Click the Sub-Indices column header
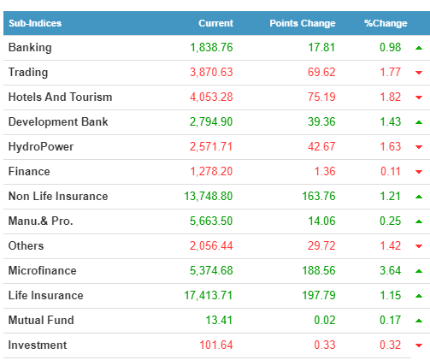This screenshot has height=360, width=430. click(x=35, y=23)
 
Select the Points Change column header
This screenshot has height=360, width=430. click(x=303, y=23)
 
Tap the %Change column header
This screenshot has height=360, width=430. click(x=386, y=23)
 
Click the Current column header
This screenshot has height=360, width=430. click(x=215, y=23)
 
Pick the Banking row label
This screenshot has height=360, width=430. click(x=30, y=48)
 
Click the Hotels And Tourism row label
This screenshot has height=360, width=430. click(x=60, y=97)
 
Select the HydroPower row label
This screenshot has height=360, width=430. click(x=41, y=146)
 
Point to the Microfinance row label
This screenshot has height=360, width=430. click(x=43, y=270)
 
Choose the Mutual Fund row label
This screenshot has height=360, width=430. click(x=41, y=320)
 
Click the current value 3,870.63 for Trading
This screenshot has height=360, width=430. click(x=211, y=72)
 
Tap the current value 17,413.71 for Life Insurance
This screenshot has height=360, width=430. click(x=209, y=295)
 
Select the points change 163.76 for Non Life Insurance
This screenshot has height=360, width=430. click(x=319, y=196)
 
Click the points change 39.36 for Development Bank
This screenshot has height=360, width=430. click(x=321, y=121)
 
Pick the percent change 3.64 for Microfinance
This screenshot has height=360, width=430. click(x=391, y=270)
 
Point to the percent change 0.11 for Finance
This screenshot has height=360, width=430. click(x=391, y=171)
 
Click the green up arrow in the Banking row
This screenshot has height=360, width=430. click(x=419, y=48)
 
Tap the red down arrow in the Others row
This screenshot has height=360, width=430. click(x=419, y=246)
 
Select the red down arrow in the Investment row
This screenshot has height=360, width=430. click(x=419, y=345)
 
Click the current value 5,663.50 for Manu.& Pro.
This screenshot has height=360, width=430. click(x=211, y=221)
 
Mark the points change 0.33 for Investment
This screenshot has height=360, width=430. click(x=325, y=345)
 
